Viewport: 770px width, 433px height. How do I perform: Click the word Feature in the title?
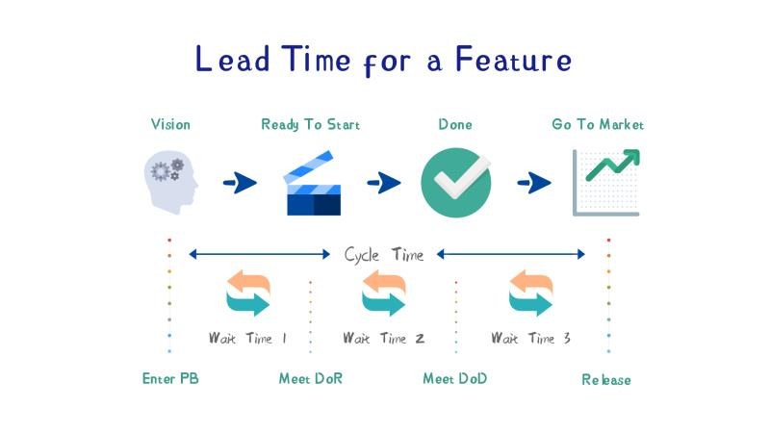click(514, 60)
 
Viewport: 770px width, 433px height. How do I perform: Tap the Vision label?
click(170, 124)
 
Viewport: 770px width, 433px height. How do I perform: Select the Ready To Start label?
click(310, 125)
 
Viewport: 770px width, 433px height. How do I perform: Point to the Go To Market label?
click(598, 124)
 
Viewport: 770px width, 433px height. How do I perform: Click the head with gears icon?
click(171, 182)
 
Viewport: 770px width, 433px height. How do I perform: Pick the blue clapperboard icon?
click(312, 183)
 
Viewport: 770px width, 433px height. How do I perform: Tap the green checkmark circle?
click(456, 183)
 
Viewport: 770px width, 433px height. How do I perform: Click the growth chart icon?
click(606, 183)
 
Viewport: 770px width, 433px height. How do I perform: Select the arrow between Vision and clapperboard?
click(240, 183)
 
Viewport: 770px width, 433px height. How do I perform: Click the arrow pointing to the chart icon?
click(534, 183)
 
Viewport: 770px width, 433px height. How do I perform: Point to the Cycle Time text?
click(383, 255)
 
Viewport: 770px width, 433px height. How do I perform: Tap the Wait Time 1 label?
click(247, 338)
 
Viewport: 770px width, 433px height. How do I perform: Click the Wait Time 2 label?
click(383, 338)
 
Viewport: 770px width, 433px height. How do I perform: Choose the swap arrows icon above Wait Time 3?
click(531, 293)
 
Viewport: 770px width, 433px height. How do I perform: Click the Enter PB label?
click(170, 378)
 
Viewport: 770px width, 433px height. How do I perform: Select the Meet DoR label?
click(311, 378)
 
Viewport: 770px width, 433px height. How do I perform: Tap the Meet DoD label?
click(454, 378)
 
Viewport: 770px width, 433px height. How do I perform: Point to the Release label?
click(606, 379)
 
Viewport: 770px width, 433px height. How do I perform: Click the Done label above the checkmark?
click(455, 124)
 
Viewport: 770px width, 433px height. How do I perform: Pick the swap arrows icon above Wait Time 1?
click(248, 293)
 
